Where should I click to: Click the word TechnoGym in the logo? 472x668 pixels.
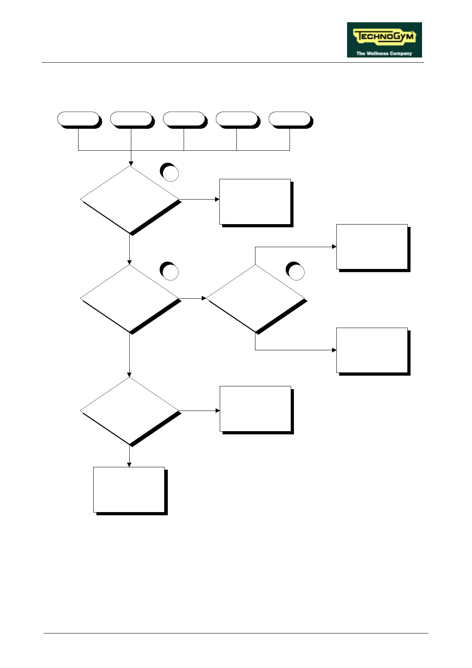point(384,37)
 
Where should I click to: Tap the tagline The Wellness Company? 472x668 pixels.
point(384,53)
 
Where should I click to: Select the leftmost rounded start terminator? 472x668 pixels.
point(78,119)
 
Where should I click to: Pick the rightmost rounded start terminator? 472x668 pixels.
point(290,119)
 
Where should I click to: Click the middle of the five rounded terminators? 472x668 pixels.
point(184,119)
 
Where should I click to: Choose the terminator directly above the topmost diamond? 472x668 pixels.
point(131,119)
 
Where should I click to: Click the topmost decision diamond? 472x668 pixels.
point(130,199)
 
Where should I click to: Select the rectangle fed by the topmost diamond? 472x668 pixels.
point(255,202)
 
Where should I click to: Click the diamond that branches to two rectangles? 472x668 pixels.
point(255,298)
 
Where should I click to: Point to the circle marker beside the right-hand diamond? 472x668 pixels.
point(296,272)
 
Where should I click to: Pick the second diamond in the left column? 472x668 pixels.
point(130,298)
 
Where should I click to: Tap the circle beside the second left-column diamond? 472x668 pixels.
point(170,272)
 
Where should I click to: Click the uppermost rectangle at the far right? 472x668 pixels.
point(372,247)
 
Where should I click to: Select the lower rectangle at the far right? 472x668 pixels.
point(372,350)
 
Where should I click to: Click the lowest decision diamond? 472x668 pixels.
point(130,411)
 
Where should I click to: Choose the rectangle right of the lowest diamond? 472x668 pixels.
point(255,409)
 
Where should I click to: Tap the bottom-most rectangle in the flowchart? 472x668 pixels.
point(129,489)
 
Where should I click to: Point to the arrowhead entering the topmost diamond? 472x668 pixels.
point(131,163)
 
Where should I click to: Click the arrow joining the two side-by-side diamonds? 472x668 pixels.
point(193,298)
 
